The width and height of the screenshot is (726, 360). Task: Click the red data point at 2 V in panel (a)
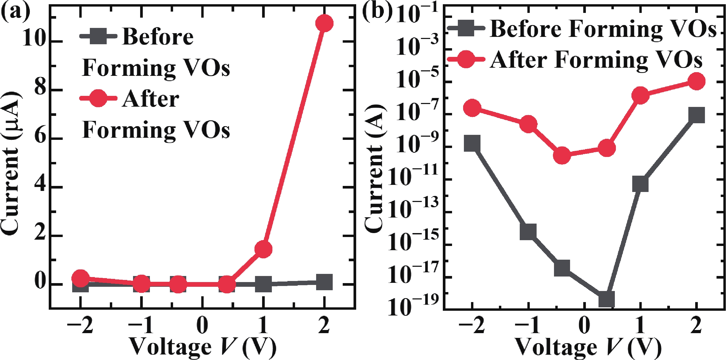coord(324,23)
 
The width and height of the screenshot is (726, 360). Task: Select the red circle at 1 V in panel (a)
coord(263,249)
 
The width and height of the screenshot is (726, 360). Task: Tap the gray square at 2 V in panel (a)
coord(324,282)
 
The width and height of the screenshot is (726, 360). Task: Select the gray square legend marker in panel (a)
coord(98,36)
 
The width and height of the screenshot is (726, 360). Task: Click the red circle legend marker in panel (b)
coord(466,59)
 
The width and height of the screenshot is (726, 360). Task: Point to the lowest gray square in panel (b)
coord(606,299)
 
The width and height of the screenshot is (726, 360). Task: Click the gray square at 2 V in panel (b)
coord(696,115)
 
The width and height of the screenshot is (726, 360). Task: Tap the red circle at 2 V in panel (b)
coord(696,81)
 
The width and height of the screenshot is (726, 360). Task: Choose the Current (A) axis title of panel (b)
coord(374,169)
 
